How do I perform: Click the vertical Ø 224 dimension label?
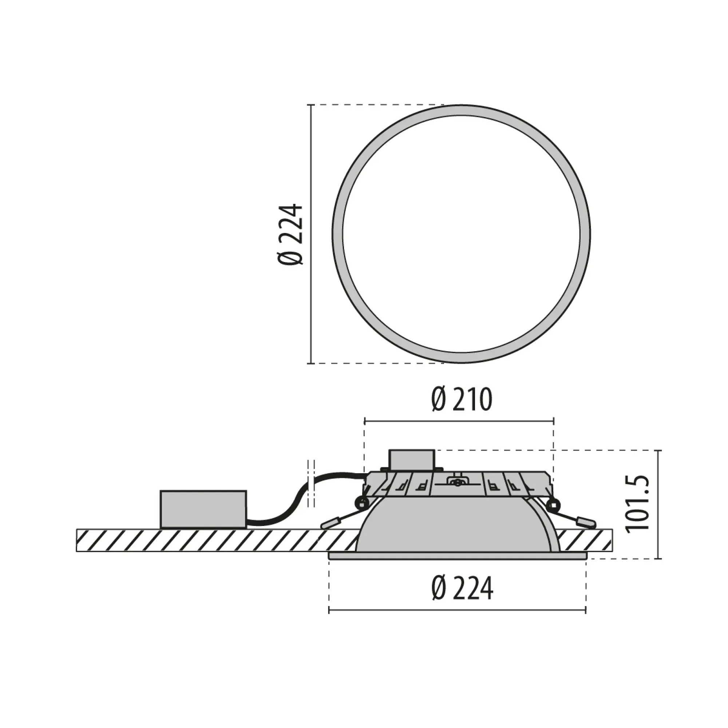[x=291, y=234]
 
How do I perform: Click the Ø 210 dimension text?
[x=462, y=400]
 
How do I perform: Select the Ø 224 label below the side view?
[x=462, y=589]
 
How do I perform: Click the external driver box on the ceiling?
[x=203, y=509]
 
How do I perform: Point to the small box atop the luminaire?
[x=412, y=460]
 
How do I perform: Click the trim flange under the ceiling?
[x=458, y=555]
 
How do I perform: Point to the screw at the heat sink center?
[x=458, y=481]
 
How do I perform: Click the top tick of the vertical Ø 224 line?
[x=310, y=105]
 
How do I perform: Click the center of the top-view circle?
[x=461, y=234]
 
